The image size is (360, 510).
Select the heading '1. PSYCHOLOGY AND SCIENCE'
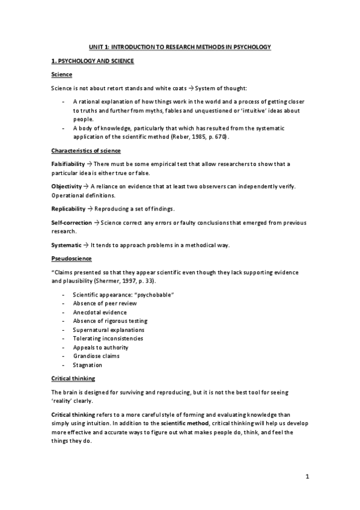[x=93, y=61]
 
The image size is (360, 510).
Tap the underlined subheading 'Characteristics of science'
[x=85, y=150]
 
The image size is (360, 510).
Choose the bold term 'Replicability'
[x=69, y=209]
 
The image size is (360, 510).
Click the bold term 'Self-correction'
[x=72, y=223]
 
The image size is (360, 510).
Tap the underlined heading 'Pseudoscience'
[x=72, y=259]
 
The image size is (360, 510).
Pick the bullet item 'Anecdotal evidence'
[x=100, y=312]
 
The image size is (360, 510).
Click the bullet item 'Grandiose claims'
[x=97, y=356]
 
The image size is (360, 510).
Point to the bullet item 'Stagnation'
[x=88, y=364]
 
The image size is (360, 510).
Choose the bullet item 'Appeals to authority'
[x=101, y=347]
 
